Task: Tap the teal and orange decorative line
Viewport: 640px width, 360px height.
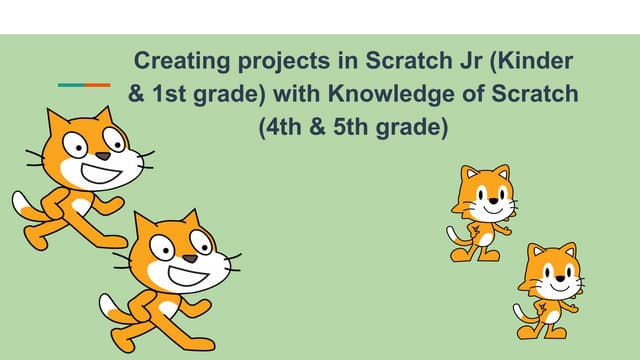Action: (83, 85)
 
